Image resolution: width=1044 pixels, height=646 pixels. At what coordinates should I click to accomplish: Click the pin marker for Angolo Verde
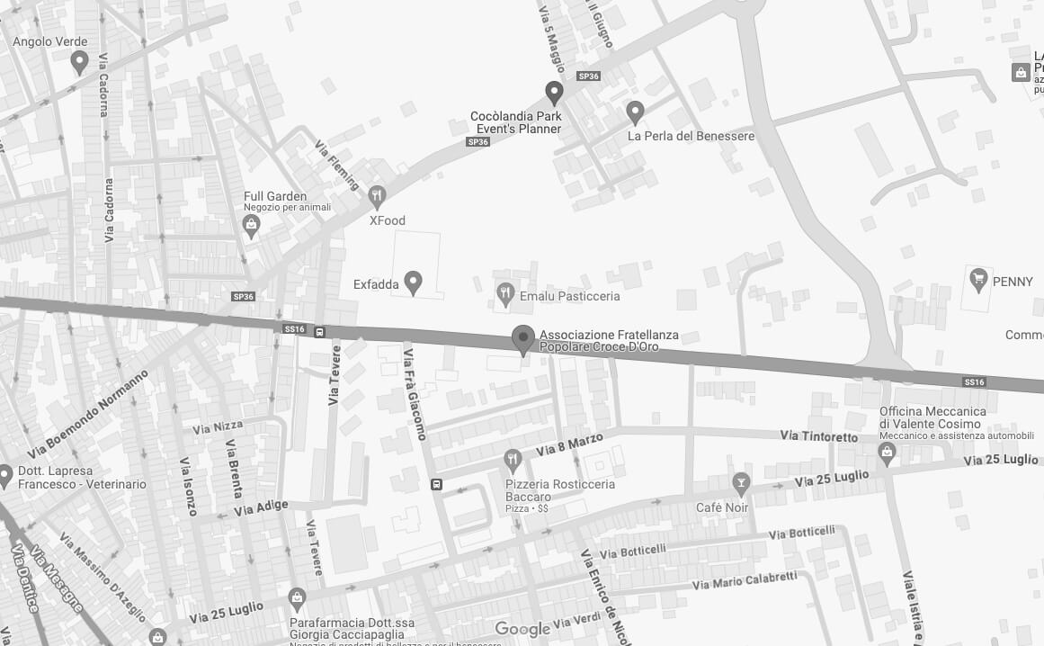(79, 62)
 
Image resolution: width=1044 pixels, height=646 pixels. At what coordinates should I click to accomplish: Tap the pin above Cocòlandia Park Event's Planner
(554, 92)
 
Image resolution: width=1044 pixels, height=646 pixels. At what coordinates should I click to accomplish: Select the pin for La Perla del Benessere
(635, 112)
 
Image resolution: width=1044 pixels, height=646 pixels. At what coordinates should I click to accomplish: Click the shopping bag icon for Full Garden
(252, 226)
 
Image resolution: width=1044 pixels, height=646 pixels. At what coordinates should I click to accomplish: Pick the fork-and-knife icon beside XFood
(377, 195)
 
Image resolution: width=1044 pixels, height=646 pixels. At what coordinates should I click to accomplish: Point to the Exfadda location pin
(413, 283)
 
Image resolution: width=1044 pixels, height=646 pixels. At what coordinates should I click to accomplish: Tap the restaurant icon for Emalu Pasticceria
(505, 292)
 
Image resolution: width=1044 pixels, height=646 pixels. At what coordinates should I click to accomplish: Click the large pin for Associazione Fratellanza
(522, 339)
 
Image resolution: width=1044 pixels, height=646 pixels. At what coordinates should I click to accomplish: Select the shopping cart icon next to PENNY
(977, 281)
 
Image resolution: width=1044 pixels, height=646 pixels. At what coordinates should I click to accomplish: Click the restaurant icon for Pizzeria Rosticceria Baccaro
(513, 461)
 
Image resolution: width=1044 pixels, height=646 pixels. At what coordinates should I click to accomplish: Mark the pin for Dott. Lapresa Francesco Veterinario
(4, 475)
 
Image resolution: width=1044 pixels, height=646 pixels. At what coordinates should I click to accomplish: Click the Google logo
(522, 629)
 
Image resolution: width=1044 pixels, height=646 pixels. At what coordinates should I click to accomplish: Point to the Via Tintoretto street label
(819, 436)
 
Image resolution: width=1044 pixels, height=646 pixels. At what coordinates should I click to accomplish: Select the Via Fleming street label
(337, 165)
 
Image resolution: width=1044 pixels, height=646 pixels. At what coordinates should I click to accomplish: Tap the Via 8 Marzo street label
(568, 444)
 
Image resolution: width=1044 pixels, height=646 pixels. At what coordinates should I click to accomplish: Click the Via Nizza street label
(217, 426)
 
